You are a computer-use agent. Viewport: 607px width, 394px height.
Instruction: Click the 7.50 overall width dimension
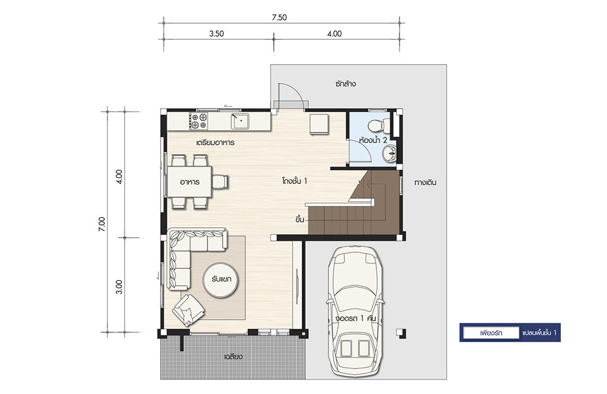point(279,17)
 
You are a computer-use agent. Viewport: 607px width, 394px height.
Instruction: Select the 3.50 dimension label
point(216,34)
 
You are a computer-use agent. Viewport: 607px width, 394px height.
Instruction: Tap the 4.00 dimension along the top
point(334,34)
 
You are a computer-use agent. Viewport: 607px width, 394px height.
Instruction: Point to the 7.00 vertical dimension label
point(101,224)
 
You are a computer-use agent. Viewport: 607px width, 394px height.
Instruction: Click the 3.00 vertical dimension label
point(119,287)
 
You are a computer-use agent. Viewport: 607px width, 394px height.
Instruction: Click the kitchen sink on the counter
point(241,121)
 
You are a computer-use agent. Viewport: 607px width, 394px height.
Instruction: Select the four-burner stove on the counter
point(198,121)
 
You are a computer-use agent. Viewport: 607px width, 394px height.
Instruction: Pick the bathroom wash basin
point(389,153)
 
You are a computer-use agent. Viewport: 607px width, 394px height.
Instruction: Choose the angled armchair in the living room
point(189,310)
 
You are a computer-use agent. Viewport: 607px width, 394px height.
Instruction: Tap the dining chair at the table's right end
point(221,182)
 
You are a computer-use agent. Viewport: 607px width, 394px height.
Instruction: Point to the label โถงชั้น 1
point(295,181)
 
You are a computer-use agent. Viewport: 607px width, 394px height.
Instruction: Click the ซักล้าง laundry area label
point(346,84)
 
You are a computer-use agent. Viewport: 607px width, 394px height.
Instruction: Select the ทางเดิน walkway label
point(425,182)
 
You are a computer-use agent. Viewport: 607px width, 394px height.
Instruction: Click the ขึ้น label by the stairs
point(299,220)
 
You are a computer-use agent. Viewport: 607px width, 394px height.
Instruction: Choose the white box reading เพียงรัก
point(491,333)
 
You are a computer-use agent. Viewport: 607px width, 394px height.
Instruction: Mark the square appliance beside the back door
point(319,123)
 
